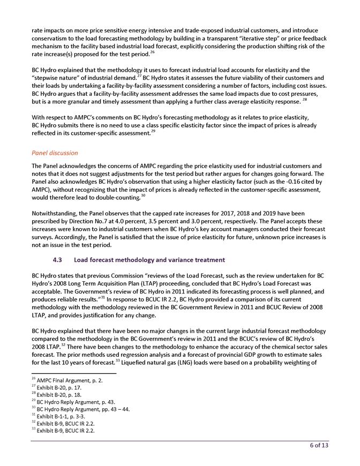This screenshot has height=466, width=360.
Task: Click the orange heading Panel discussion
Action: (x=55, y=153)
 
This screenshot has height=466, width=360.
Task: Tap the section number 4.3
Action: (x=59, y=260)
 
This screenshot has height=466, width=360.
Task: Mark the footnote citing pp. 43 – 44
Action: (x=80, y=409)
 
